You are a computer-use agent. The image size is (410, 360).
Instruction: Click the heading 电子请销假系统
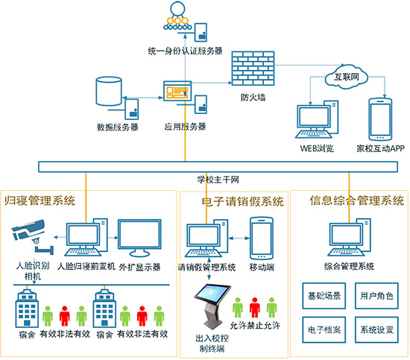tap(243, 200)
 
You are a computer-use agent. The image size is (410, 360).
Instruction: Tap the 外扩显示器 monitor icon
tap(140, 238)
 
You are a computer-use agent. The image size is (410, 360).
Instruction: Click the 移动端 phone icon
tap(262, 238)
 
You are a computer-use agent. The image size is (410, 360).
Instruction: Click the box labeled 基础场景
tap(324, 297)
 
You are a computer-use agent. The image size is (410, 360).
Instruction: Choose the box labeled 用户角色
tap(375, 297)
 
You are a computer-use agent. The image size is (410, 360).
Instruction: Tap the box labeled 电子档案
tap(324, 327)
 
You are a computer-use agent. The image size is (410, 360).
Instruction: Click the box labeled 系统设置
tap(375, 327)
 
